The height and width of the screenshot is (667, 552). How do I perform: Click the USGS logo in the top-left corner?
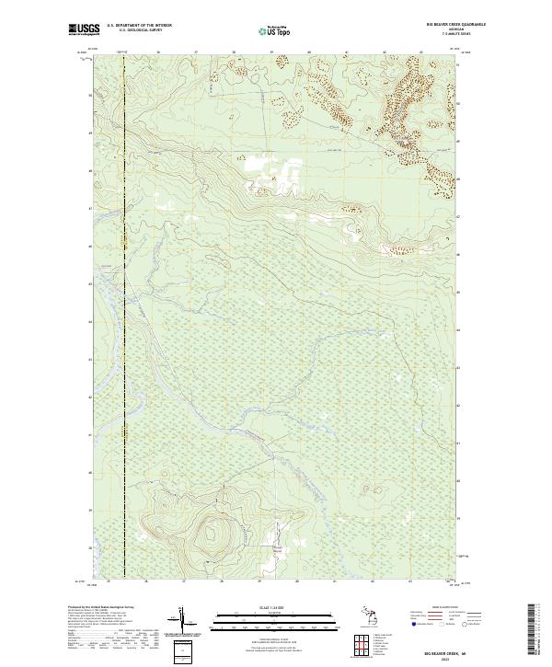click(x=83, y=31)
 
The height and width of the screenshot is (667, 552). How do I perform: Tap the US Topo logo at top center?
click(x=273, y=31)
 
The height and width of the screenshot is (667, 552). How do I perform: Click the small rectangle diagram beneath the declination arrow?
click(x=182, y=652)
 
